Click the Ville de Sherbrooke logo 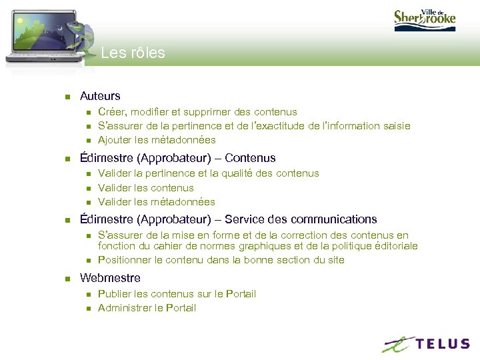click(424, 17)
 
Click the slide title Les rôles click(133, 53)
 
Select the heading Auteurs click(100, 96)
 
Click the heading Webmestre click(110, 277)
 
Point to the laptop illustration click(47, 33)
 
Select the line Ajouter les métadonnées click(157, 140)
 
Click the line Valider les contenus click(145, 188)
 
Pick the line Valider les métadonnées click(156, 202)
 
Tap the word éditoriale click(394, 246)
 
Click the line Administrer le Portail click(147, 308)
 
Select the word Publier click(113, 294)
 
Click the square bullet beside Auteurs click(67, 97)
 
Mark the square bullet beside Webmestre click(67, 278)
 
